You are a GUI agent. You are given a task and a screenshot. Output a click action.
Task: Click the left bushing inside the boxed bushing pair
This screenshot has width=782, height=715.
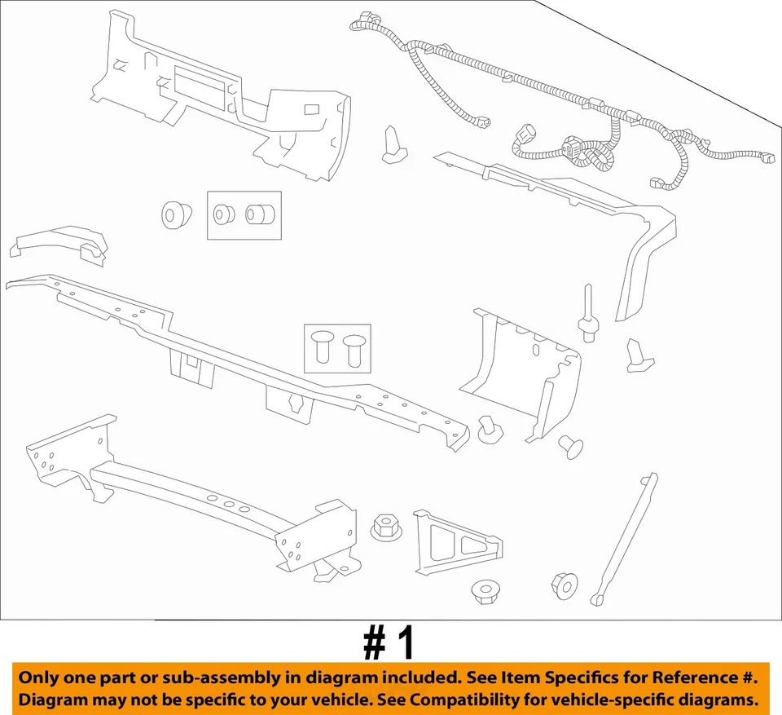pos(223,214)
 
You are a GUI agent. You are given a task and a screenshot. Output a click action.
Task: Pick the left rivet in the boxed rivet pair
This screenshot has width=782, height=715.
pos(320,348)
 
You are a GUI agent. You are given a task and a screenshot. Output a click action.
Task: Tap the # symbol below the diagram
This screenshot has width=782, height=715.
pos(374,643)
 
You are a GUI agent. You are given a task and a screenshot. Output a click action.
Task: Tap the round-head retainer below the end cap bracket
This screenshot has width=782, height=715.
pos(571,444)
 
